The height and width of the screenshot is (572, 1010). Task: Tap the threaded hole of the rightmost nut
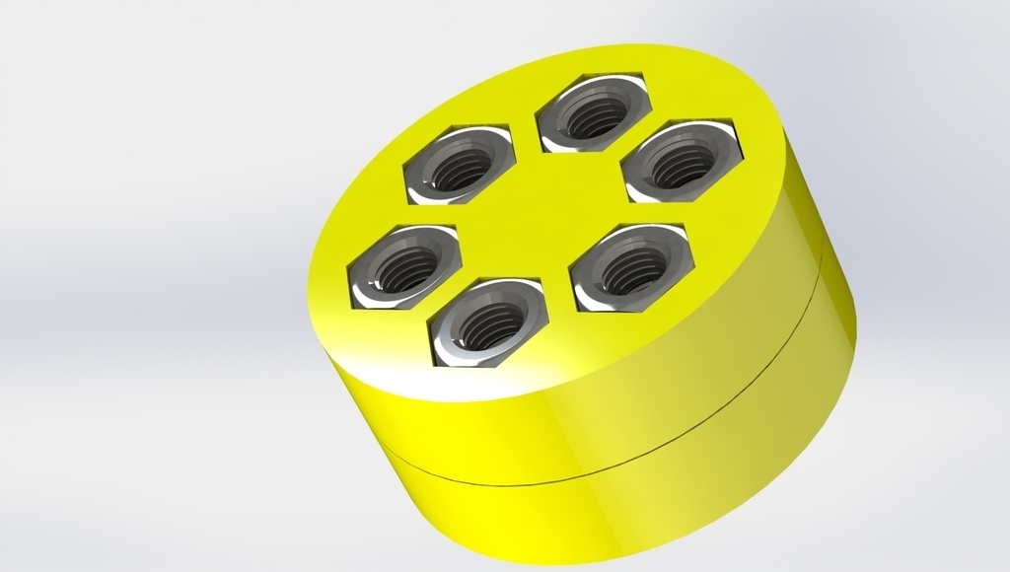(683, 165)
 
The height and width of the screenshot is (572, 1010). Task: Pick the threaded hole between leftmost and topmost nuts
(460, 170)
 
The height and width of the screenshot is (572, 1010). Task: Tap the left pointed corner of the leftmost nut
(349, 265)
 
